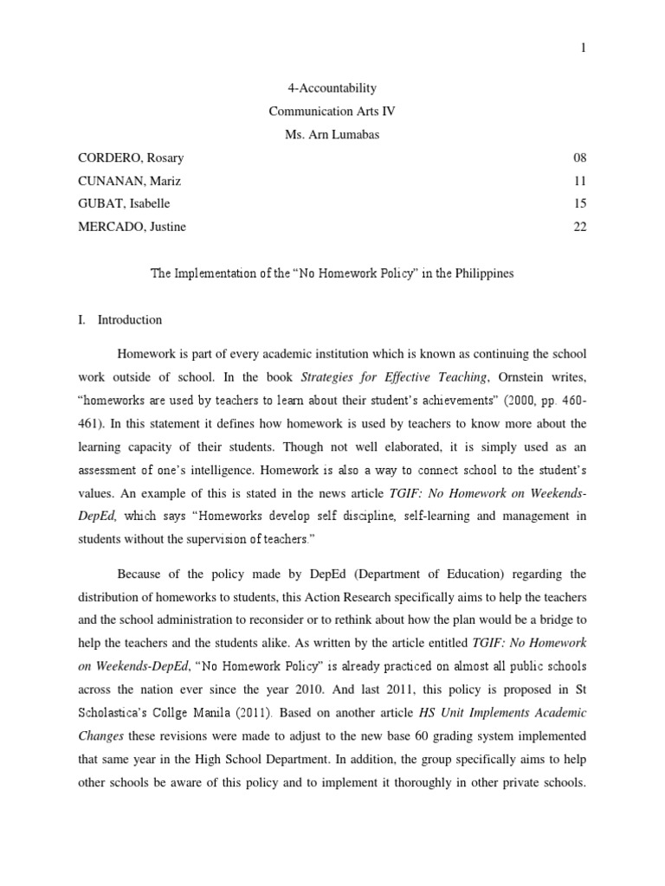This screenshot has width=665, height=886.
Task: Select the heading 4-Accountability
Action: [x=332, y=88]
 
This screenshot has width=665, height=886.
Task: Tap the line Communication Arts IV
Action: [x=332, y=111]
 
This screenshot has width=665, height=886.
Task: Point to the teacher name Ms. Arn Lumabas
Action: [x=332, y=134]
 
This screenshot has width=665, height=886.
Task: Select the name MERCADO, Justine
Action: [x=130, y=227]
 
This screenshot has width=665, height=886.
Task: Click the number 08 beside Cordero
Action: [x=580, y=157]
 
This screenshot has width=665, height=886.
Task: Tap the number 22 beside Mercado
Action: [x=580, y=227]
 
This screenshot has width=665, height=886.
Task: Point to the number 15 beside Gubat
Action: [x=580, y=203]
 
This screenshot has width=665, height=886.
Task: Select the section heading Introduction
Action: [x=130, y=319]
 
